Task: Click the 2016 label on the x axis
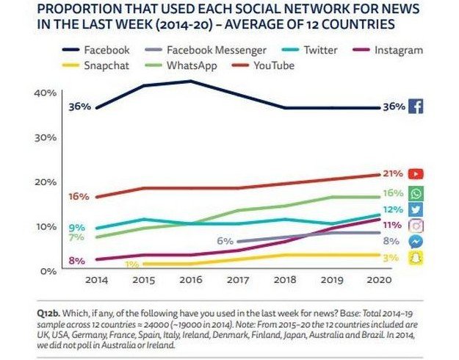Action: tap(190, 280)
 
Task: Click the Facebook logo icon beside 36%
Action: tap(416, 107)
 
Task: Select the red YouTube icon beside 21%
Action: tap(416, 174)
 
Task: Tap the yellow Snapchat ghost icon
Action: tap(416, 257)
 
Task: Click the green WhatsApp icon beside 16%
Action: tap(416, 193)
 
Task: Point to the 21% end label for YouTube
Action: tap(392, 174)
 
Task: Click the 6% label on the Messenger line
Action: tap(225, 240)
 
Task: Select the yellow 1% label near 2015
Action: tap(132, 264)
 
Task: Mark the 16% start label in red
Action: tap(79, 197)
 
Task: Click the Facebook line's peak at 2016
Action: tap(190, 81)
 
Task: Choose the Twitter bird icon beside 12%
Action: tap(416, 209)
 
